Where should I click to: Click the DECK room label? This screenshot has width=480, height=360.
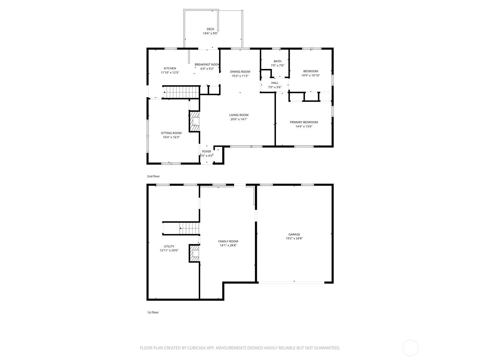210,29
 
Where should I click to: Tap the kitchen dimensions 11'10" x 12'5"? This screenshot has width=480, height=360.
170,73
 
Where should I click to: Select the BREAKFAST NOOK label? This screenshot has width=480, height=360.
207,64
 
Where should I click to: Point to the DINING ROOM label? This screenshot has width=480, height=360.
240,72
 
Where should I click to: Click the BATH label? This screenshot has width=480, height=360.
277,61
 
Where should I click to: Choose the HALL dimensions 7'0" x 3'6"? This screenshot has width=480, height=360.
275,87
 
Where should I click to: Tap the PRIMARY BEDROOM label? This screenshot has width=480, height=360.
304,122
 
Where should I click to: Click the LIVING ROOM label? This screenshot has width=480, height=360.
239,115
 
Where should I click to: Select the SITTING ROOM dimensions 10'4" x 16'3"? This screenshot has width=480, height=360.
171,137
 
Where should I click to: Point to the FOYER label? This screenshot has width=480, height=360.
206,151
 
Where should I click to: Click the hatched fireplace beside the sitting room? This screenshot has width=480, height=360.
194,121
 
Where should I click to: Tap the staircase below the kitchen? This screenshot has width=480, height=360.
181,92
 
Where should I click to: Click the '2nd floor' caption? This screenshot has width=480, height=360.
153,176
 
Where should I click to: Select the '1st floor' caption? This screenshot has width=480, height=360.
153,312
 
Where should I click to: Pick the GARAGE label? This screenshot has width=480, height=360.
294,234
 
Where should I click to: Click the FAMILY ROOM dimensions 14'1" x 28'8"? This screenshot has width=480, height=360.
228,245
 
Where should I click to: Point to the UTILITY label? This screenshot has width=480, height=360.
169,246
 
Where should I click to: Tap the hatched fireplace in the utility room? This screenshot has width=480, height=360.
194,253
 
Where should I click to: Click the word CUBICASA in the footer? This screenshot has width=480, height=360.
196,348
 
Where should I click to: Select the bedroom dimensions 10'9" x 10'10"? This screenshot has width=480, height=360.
310,75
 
